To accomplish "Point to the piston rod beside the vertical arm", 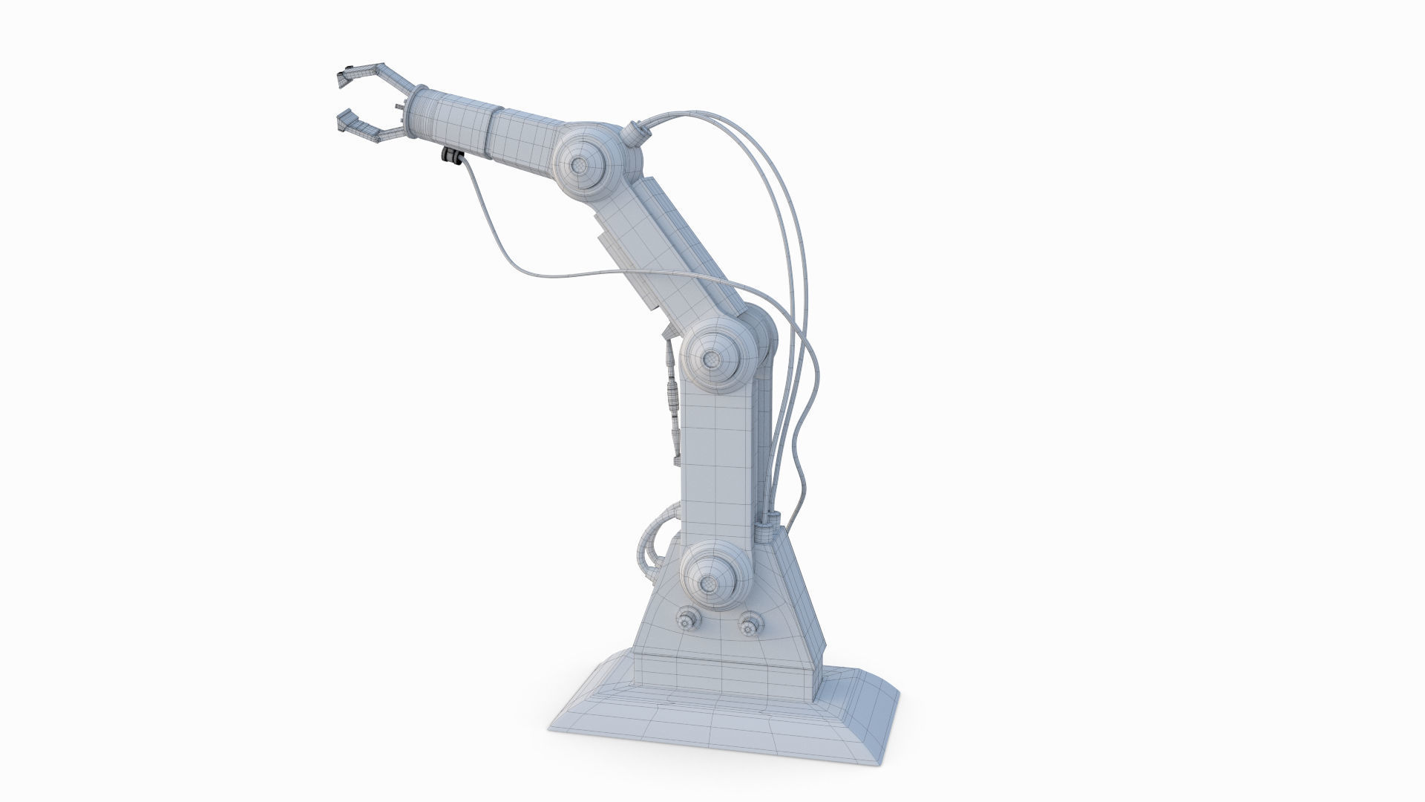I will click(x=672, y=401).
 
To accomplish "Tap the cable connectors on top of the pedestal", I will click(x=768, y=524).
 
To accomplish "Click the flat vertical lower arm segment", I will click(x=716, y=460).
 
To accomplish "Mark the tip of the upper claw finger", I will click(x=344, y=74).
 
